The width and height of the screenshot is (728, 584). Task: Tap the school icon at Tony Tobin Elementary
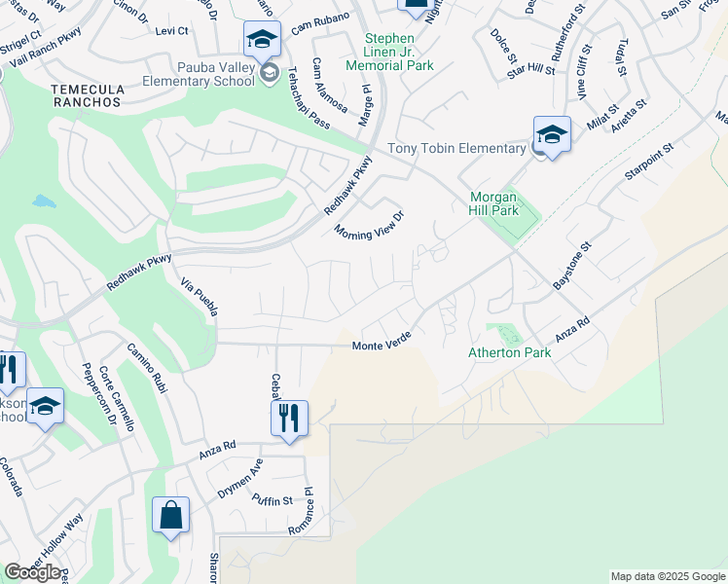[551, 134]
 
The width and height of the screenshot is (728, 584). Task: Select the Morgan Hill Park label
[494, 202]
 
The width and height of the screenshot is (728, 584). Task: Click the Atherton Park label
[509, 352]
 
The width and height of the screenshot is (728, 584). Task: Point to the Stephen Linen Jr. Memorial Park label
[398, 52]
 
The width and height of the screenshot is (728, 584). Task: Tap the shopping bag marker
[170, 516]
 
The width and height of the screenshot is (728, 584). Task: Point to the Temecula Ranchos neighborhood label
[87, 95]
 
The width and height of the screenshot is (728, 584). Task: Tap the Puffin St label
[273, 501]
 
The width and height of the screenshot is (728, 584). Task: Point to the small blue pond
[43, 201]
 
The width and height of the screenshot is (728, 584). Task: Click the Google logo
[32, 572]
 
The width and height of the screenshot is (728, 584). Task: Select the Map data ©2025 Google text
[667, 576]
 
